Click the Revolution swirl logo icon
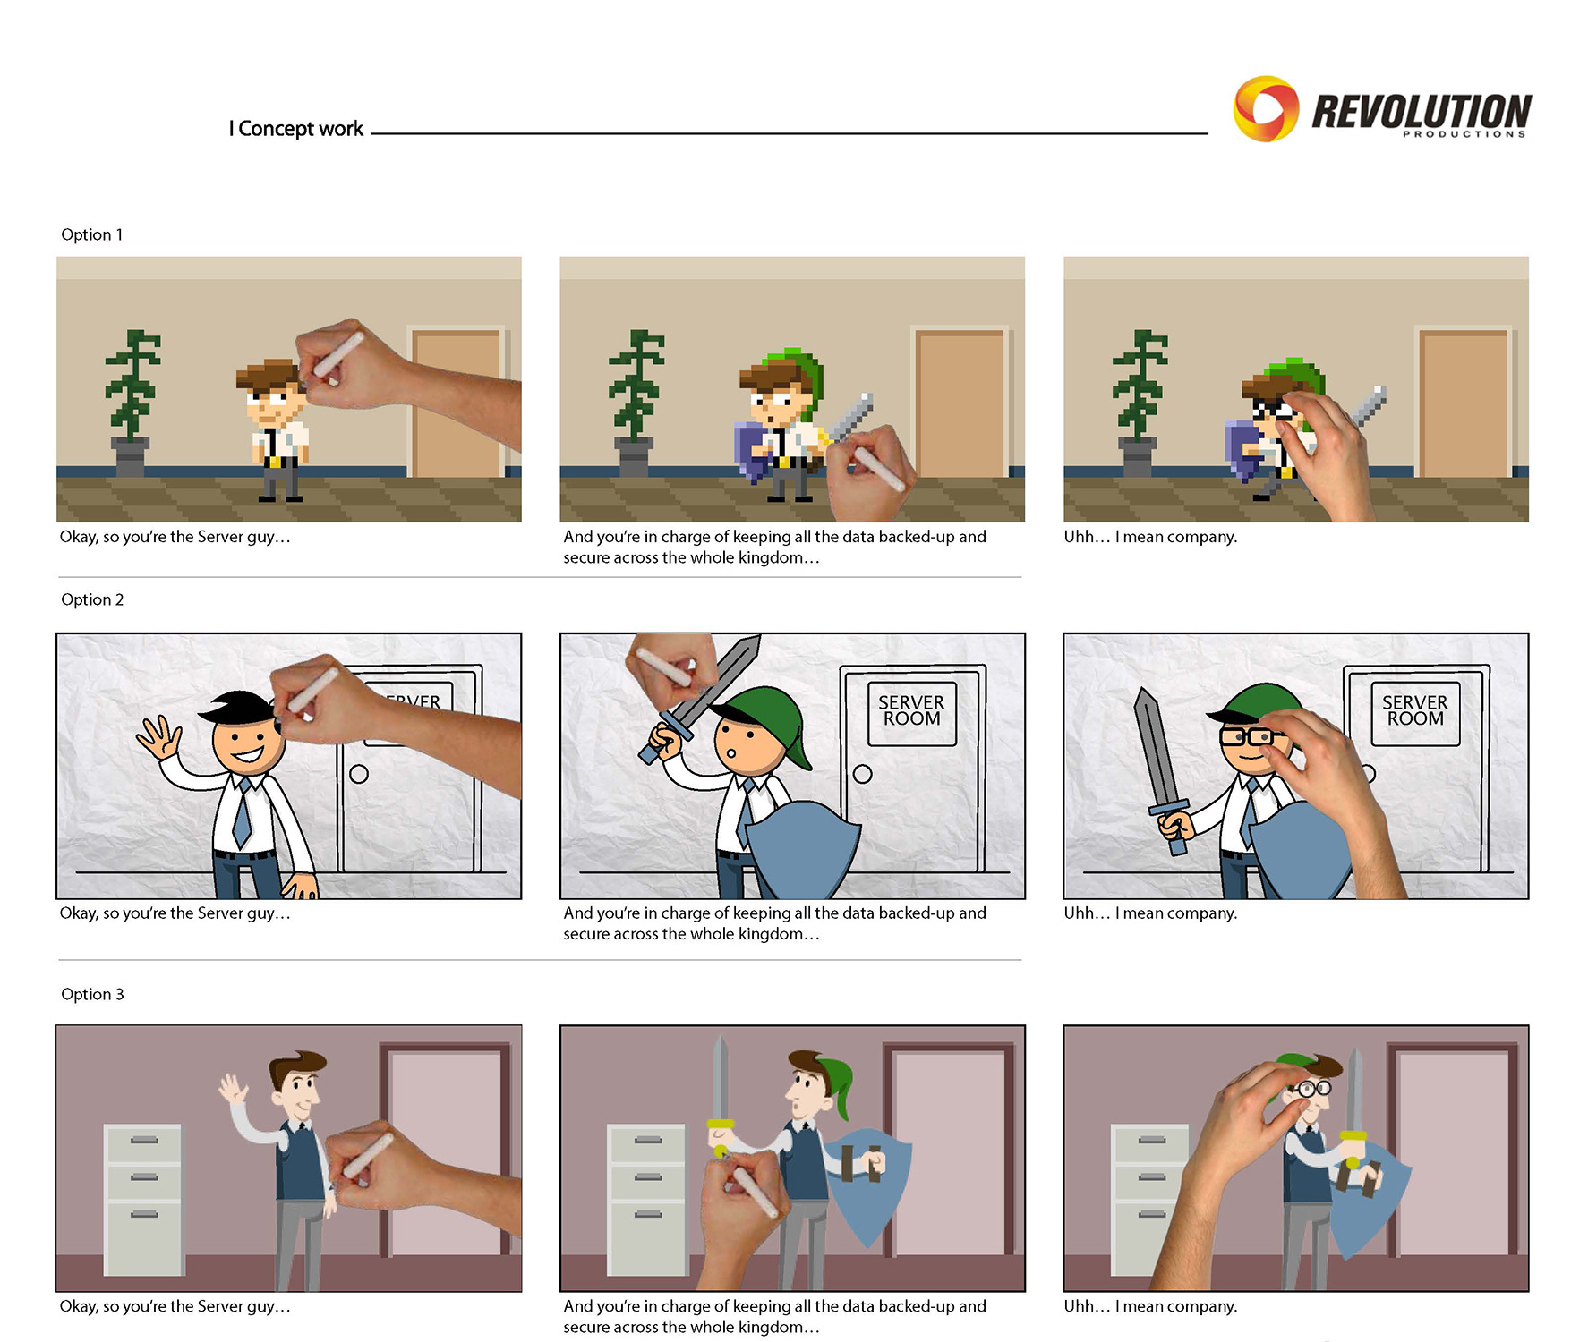click(1266, 109)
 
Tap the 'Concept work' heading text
click(301, 129)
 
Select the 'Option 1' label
click(92, 234)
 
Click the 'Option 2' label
click(92, 599)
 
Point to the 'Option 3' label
click(92, 994)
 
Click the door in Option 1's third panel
click(1464, 403)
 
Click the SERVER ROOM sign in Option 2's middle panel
click(912, 713)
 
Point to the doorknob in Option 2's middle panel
click(863, 774)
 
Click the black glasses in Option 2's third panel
click(1250, 737)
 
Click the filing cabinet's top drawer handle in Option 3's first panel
click(144, 1140)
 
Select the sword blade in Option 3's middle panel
click(721, 1077)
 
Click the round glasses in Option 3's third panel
click(1308, 1089)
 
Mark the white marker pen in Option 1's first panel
click(337, 356)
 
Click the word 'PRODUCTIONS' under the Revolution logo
click(1464, 134)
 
